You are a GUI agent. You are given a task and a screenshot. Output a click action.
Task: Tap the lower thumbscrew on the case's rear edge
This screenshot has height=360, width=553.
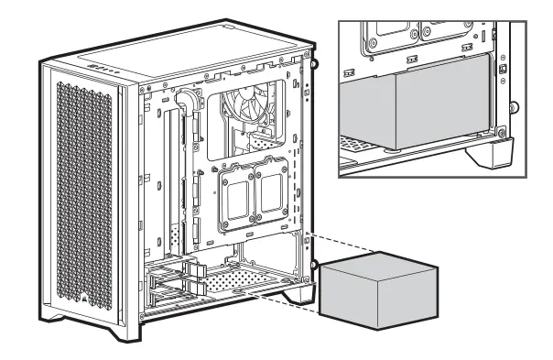[x=314, y=266]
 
